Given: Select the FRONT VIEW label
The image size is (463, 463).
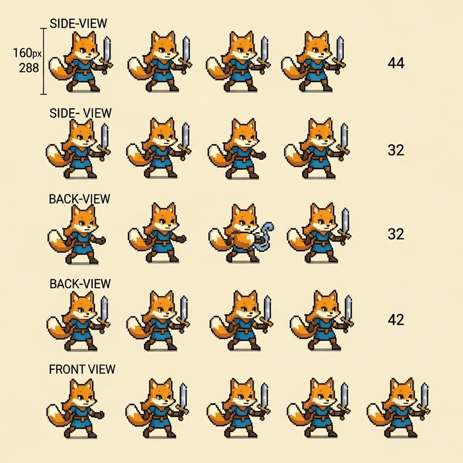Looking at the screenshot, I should point(82,369).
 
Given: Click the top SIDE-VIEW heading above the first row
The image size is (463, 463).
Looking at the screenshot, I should point(78,24).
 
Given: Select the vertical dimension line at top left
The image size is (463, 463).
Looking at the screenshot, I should point(43,61).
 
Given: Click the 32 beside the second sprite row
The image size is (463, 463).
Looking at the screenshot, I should point(395,150).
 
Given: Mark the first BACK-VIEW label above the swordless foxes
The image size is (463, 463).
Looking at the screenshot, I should point(79,199).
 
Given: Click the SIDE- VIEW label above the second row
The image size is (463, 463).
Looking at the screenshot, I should point(80,113).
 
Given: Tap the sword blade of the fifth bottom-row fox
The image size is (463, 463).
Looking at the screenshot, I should point(425,396).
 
